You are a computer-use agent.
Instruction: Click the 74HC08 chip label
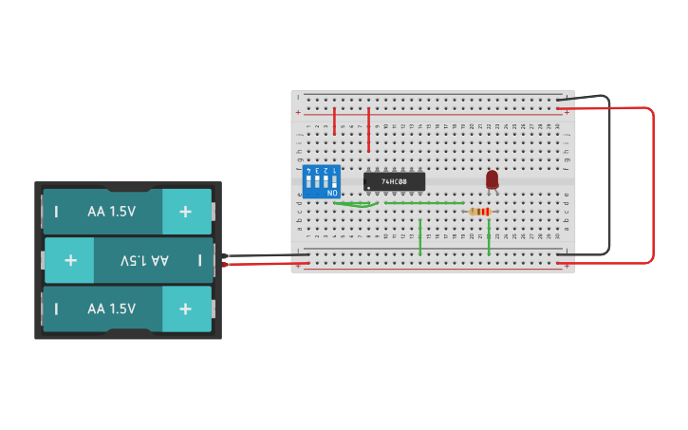point(395,180)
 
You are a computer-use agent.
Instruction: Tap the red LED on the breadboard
point(492,179)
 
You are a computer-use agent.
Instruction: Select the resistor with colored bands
point(481,212)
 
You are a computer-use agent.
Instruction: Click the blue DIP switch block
point(321,181)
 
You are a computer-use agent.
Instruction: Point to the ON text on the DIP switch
point(332,194)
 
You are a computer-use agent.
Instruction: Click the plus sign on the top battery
point(185,212)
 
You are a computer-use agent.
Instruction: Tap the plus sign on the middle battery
point(70,260)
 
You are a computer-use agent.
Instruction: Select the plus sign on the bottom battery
point(185,308)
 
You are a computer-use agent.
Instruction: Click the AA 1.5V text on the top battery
point(111,212)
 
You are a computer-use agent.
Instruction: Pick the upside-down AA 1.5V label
point(144,260)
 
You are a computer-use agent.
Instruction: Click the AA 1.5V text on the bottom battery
point(111,308)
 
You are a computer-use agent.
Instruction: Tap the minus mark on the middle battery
point(199,260)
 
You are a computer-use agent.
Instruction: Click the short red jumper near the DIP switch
point(334,121)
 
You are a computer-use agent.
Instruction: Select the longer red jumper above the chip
point(368,130)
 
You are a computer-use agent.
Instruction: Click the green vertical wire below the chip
point(420,237)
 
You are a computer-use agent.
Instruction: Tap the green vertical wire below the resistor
point(489,236)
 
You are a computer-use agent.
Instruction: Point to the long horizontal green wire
point(423,202)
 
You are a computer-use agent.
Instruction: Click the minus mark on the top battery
point(56,212)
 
